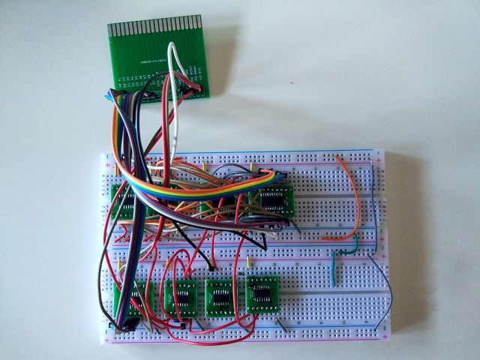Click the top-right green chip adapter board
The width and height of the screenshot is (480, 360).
pyautogui.click(x=275, y=200)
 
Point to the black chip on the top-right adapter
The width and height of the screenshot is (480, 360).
pyautogui.click(x=275, y=201)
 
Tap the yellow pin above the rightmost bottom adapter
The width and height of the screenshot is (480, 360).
pyautogui.click(x=248, y=264)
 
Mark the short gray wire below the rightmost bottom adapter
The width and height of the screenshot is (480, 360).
pyautogui.click(x=283, y=324)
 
